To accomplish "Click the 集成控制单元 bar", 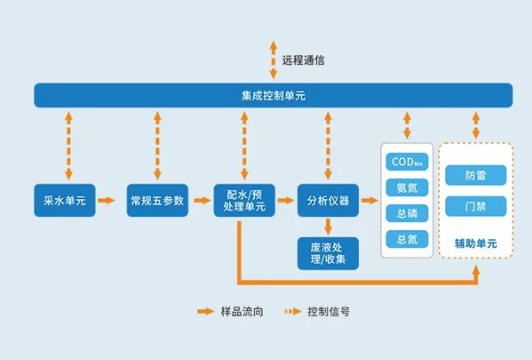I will pos(273,95).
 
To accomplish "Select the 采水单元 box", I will pos(64,201).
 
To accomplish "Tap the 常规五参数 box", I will pos(156,201).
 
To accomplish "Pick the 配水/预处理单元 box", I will pos(244,201).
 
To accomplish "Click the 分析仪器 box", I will pos(328,201).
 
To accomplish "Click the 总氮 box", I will pos(406,239).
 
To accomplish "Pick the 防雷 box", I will pos(475,176).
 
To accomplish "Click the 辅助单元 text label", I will pos(475,244).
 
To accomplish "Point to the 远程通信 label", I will pos(303,60).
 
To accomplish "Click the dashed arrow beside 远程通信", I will pos(274,59).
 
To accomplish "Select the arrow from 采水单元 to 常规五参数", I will pos(107,201).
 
